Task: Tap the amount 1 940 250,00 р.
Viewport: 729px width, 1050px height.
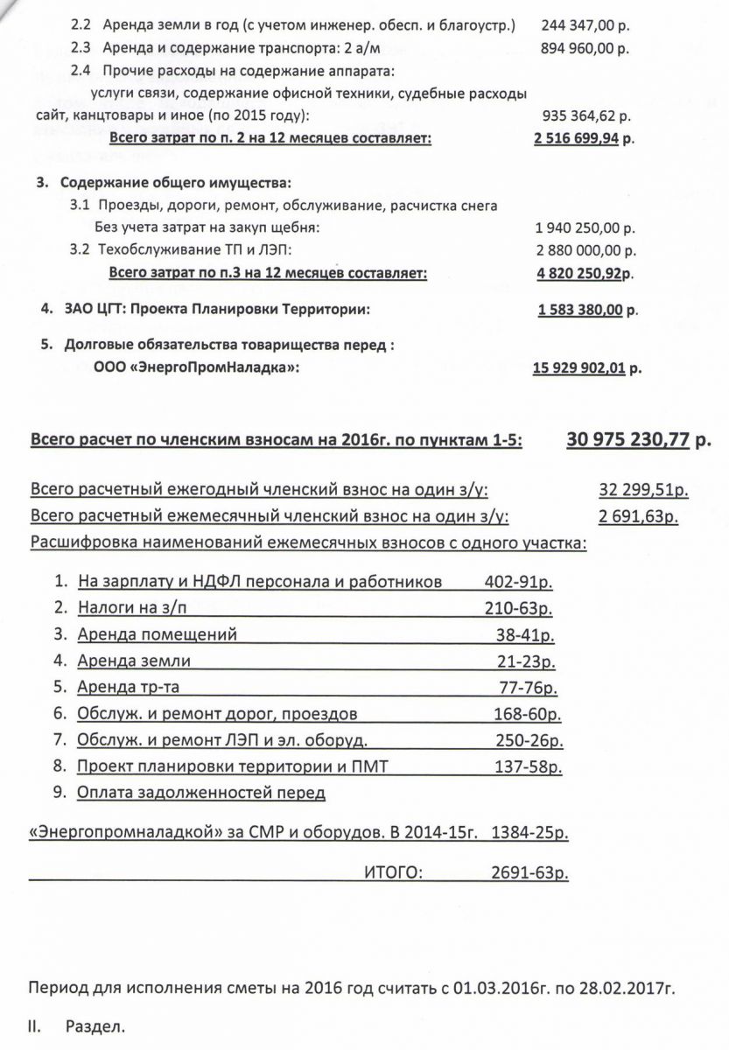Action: point(585,227)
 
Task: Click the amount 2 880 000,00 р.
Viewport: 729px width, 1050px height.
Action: point(585,250)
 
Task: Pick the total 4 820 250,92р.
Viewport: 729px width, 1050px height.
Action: point(584,273)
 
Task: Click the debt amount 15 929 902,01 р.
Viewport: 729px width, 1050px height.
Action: point(587,368)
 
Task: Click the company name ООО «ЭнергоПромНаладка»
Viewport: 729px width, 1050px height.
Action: point(196,368)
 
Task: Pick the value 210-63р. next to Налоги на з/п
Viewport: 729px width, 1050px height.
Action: point(519,608)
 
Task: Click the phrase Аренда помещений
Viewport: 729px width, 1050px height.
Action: point(158,634)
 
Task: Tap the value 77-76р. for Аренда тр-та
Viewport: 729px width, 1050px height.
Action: point(529,687)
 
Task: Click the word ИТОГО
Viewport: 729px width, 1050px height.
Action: point(394,871)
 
